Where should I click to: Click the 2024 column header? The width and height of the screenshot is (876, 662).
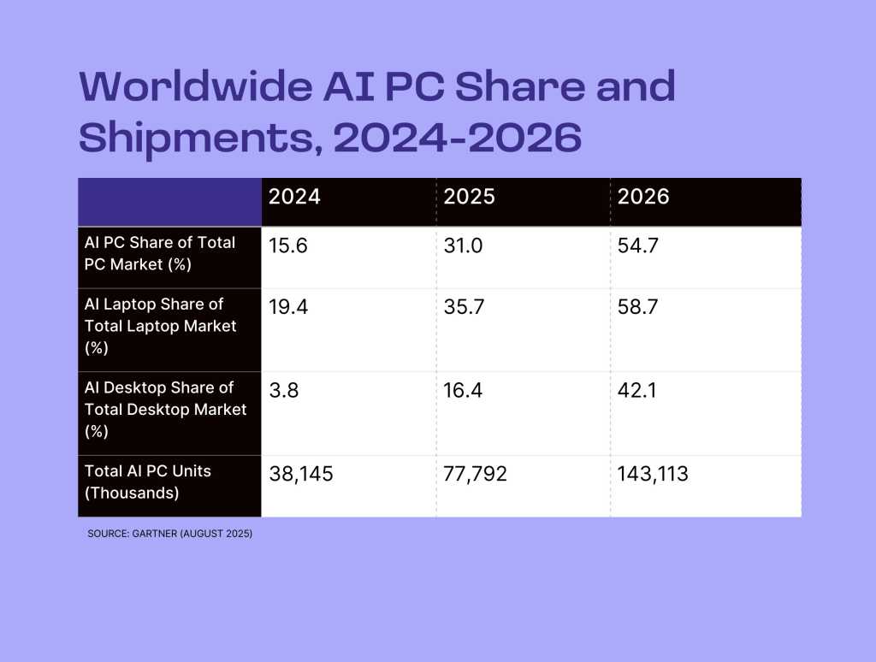point(294,197)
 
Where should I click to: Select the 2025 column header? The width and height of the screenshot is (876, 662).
point(469,197)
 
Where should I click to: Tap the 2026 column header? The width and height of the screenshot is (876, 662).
point(643,197)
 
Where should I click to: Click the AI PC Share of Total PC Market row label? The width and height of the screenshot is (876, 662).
point(160,253)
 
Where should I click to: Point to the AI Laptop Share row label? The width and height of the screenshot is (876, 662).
point(160,326)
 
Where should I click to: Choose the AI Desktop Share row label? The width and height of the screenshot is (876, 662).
point(165,410)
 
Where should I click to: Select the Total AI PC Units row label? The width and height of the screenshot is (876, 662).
point(148,482)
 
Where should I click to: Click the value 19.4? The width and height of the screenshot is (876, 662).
point(287,306)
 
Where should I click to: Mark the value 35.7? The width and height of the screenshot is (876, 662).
point(463,306)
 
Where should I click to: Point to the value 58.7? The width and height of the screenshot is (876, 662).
point(637,306)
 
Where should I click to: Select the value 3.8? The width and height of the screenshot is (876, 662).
point(282,390)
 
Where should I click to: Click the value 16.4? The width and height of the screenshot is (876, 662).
point(462,390)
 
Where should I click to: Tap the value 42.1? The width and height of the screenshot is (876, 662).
point(636,390)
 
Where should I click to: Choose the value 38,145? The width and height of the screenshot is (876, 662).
point(300,474)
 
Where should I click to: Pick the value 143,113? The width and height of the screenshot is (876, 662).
point(653,474)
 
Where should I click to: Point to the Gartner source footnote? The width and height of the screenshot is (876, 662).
point(169,534)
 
